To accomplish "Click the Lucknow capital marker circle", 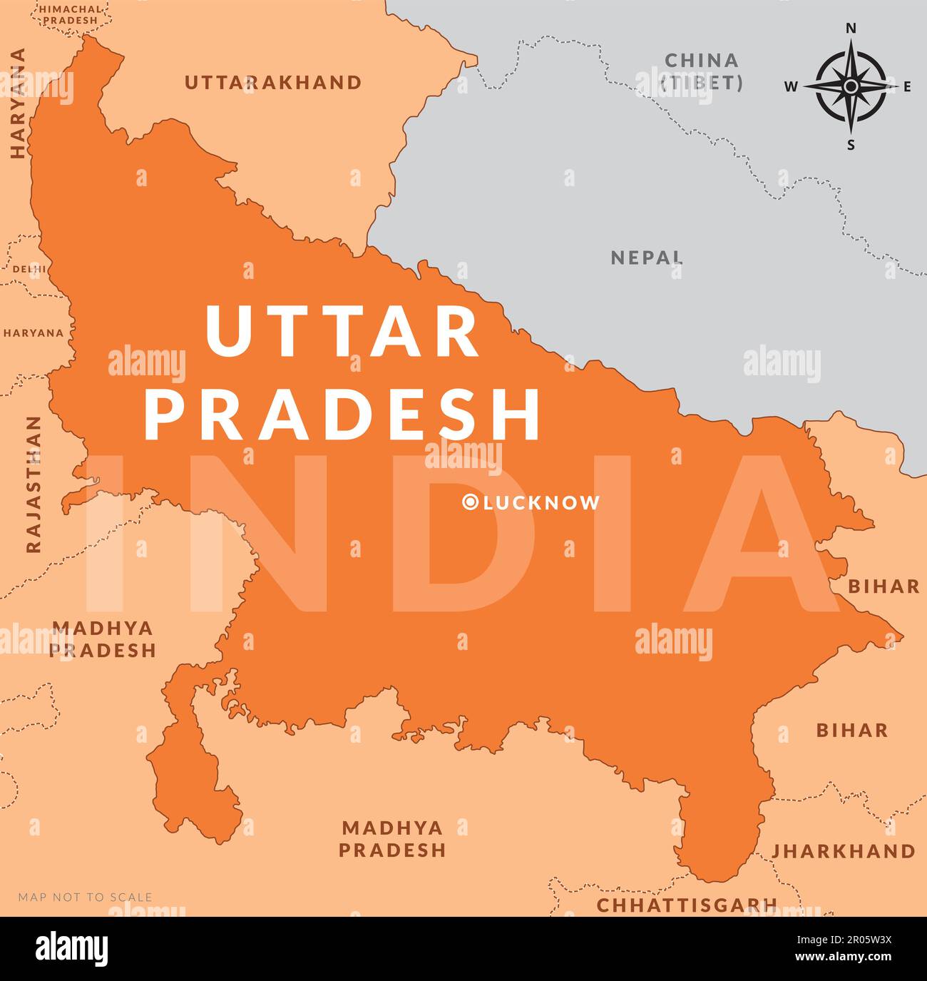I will [x=470, y=503].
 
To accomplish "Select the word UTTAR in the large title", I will [x=342, y=332].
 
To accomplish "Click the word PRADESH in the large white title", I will [x=342, y=415].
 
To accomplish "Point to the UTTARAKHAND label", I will [x=273, y=83].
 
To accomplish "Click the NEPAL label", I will [x=647, y=258].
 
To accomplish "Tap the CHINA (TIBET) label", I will [x=702, y=71].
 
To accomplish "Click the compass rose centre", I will [x=850, y=86].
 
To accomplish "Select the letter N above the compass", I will [x=850, y=29].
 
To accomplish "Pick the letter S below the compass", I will [x=850, y=146].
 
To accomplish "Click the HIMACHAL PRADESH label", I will [x=70, y=14].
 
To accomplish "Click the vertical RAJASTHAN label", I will [x=34, y=485].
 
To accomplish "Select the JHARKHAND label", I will [x=843, y=851].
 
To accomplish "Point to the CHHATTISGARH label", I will [x=686, y=905].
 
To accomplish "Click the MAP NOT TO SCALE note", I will [x=85, y=897].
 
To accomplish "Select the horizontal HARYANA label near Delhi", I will [x=33, y=333].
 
